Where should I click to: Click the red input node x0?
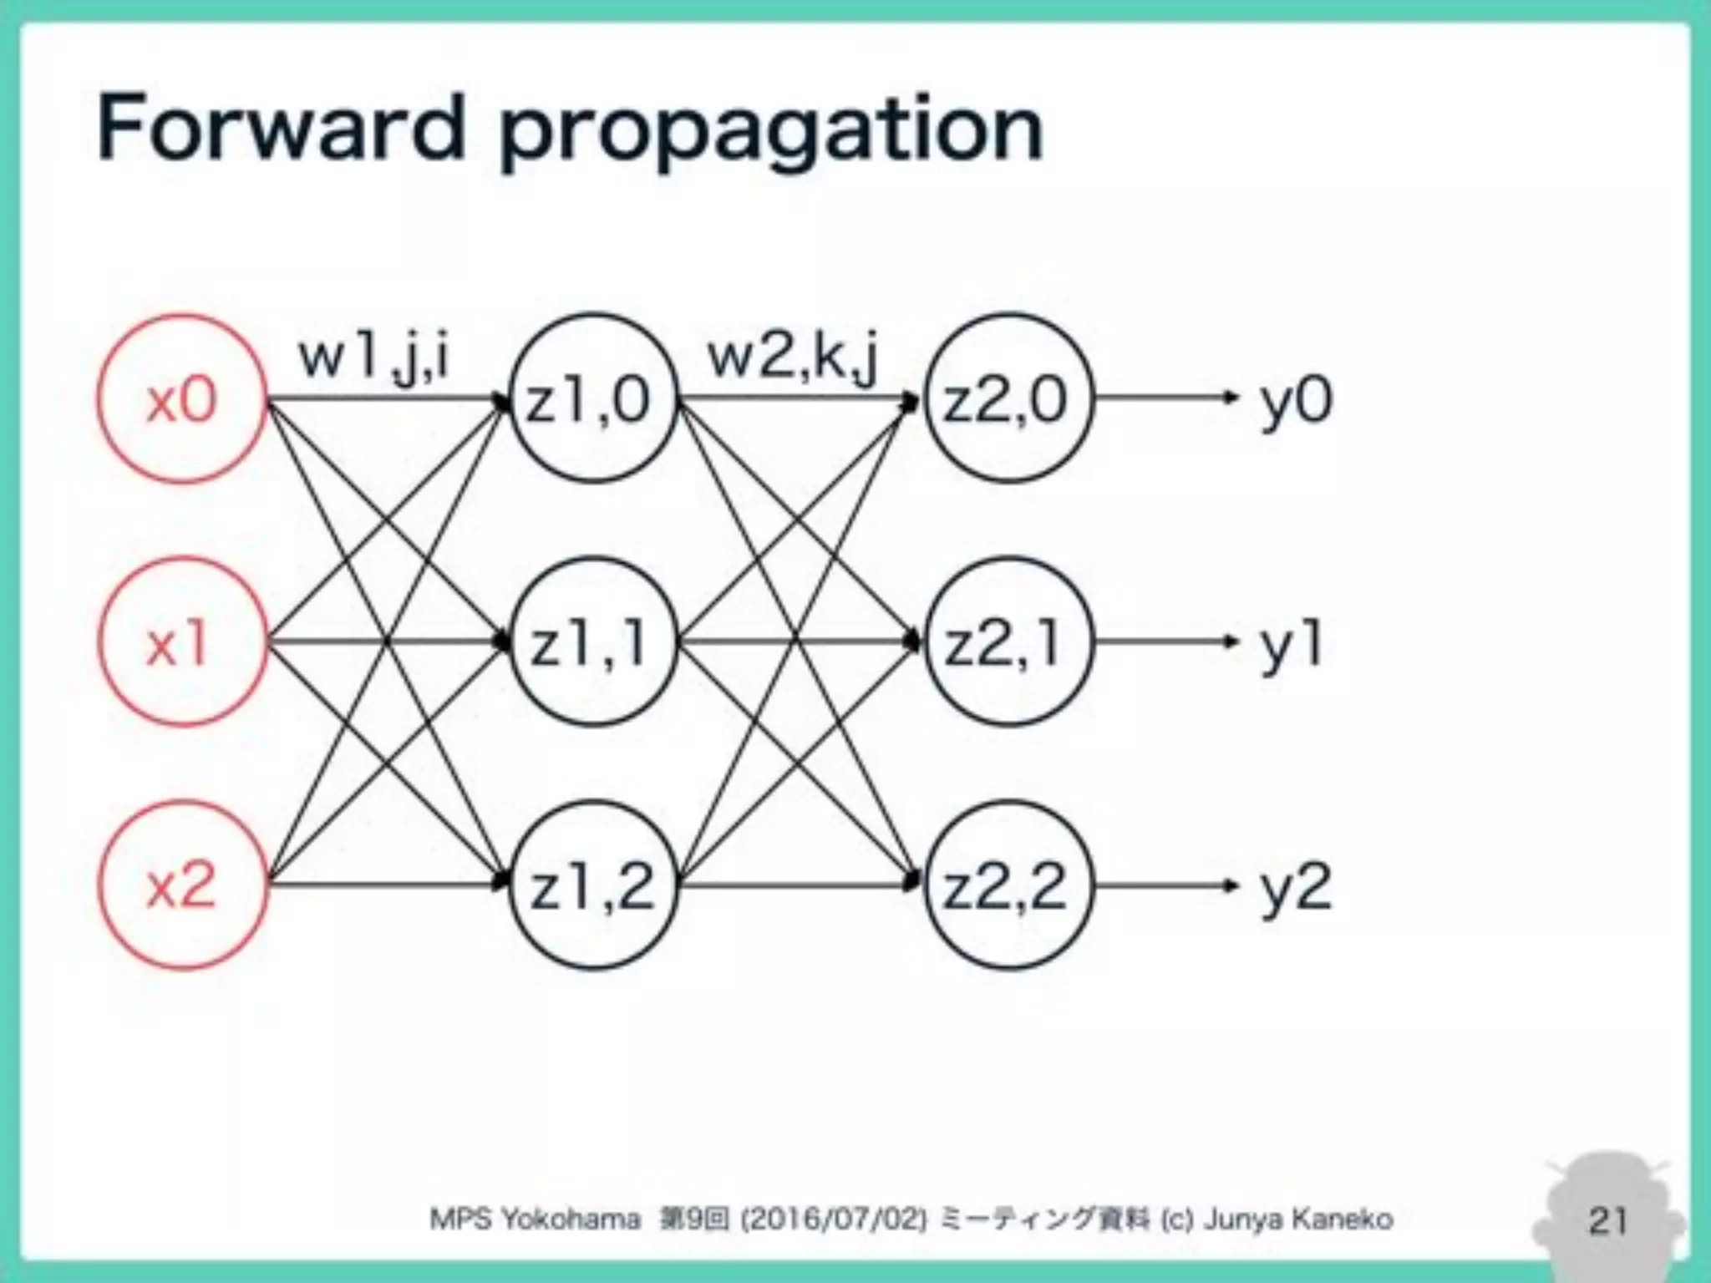[x=182, y=399]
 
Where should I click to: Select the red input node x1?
[x=182, y=641]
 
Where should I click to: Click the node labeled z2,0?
[x=1008, y=399]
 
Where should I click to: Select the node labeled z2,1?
[x=1008, y=641]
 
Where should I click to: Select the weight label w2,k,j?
[x=794, y=359]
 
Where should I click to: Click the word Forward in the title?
[x=281, y=129]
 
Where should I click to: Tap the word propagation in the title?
[x=770, y=134]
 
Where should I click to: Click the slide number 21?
[x=1607, y=1220]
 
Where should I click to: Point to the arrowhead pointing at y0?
[x=1230, y=398]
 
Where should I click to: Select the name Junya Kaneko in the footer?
[x=1298, y=1220]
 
